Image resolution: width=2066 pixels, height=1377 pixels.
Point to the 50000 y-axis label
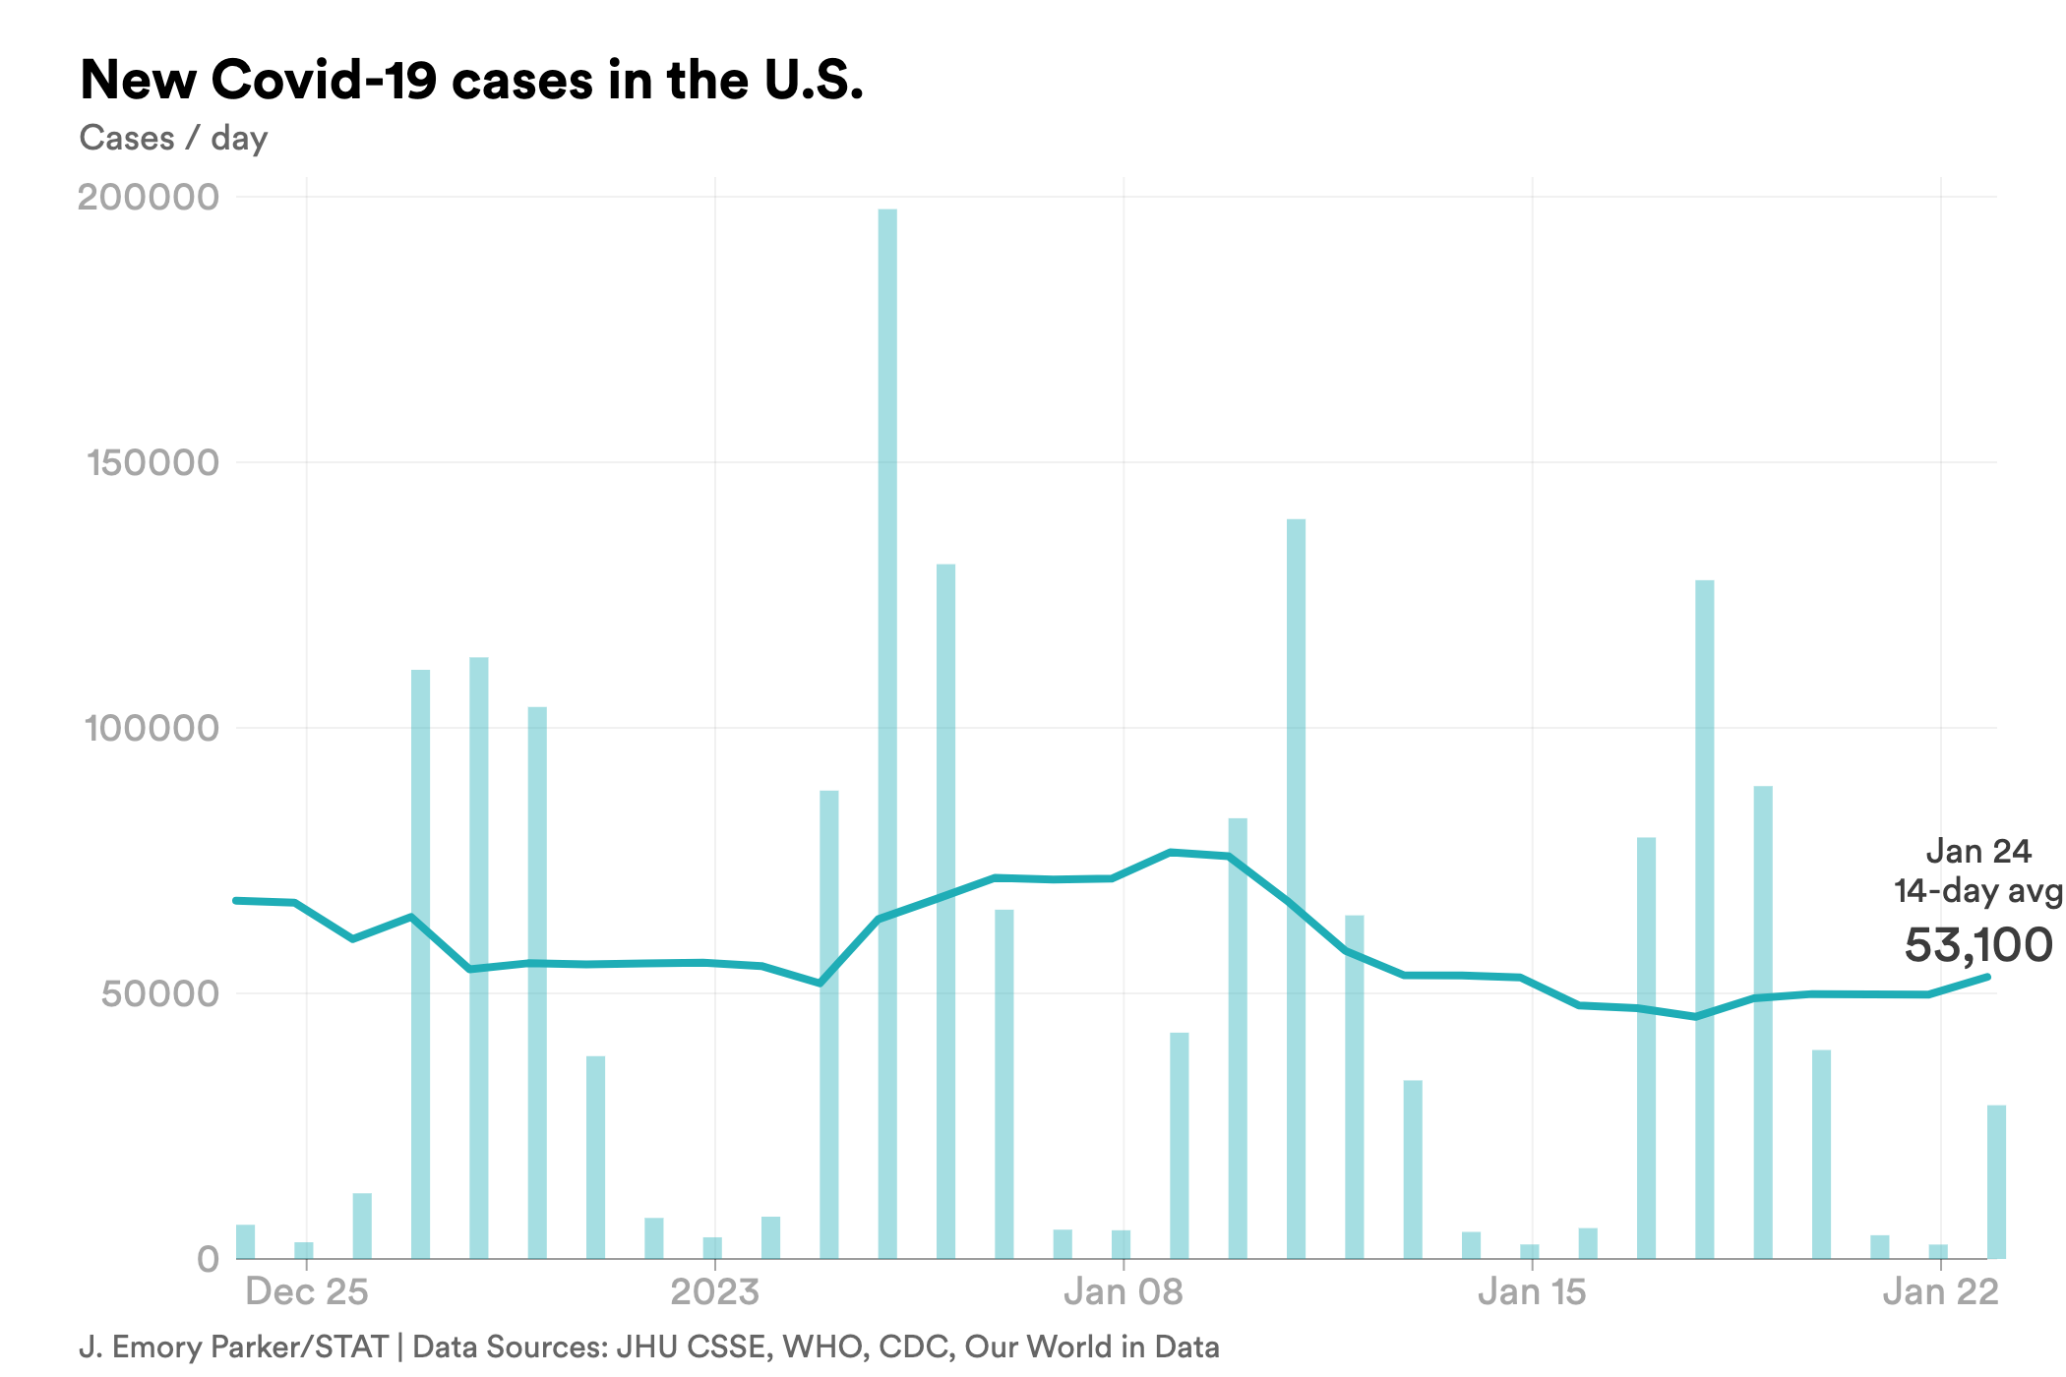(159, 993)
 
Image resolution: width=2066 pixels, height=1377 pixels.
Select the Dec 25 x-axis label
(307, 1291)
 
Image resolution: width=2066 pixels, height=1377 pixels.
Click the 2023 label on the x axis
(715, 1291)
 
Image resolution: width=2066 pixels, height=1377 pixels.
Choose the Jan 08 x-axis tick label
(1124, 1291)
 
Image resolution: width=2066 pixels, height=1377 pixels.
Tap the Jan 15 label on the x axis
(1532, 1291)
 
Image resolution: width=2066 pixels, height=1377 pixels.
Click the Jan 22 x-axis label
(1940, 1291)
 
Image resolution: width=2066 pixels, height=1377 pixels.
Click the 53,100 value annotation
(1977, 944)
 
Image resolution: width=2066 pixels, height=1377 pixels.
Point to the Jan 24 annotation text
(1977, 851)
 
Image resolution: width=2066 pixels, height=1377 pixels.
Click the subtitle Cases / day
(173, 138)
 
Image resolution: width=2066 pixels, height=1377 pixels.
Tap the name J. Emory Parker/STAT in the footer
(233, 1347)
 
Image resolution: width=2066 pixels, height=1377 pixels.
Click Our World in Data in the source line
(1092, 1347)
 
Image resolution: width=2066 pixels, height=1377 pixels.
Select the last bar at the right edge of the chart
(1996, 1180)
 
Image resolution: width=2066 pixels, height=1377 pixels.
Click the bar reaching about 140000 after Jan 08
(1296, 885)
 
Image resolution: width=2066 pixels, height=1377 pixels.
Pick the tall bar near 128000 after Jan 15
(1705, 915)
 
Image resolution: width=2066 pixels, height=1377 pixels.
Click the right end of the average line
(1987, 977)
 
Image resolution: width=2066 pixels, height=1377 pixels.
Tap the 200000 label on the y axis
(148, 197)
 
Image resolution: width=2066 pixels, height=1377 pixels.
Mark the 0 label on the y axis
(208, 1259)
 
